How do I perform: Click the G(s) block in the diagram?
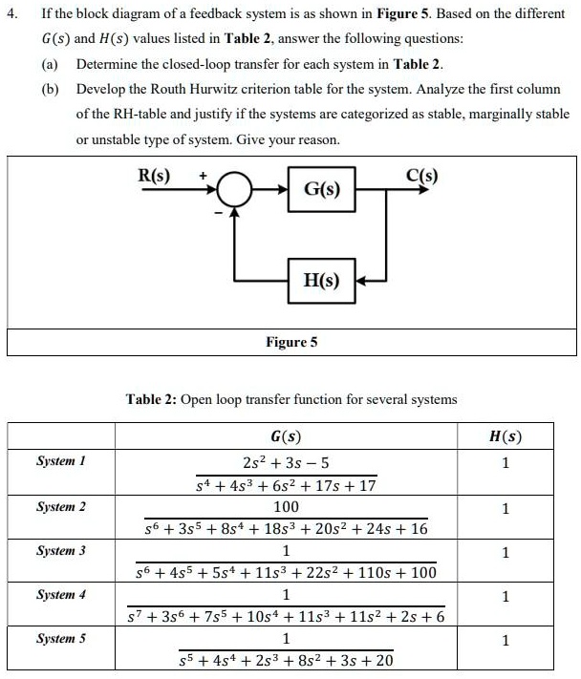[x=322, y=189]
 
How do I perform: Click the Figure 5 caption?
[x=290, y=341]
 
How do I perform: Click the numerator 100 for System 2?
[x=286, y=507]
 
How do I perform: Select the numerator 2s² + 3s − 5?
[x=286, y=463]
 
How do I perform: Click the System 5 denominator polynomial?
[x=286, y=660]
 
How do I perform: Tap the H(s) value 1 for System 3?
[x=506, y=552]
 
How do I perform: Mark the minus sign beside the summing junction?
[x=219, y=211]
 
